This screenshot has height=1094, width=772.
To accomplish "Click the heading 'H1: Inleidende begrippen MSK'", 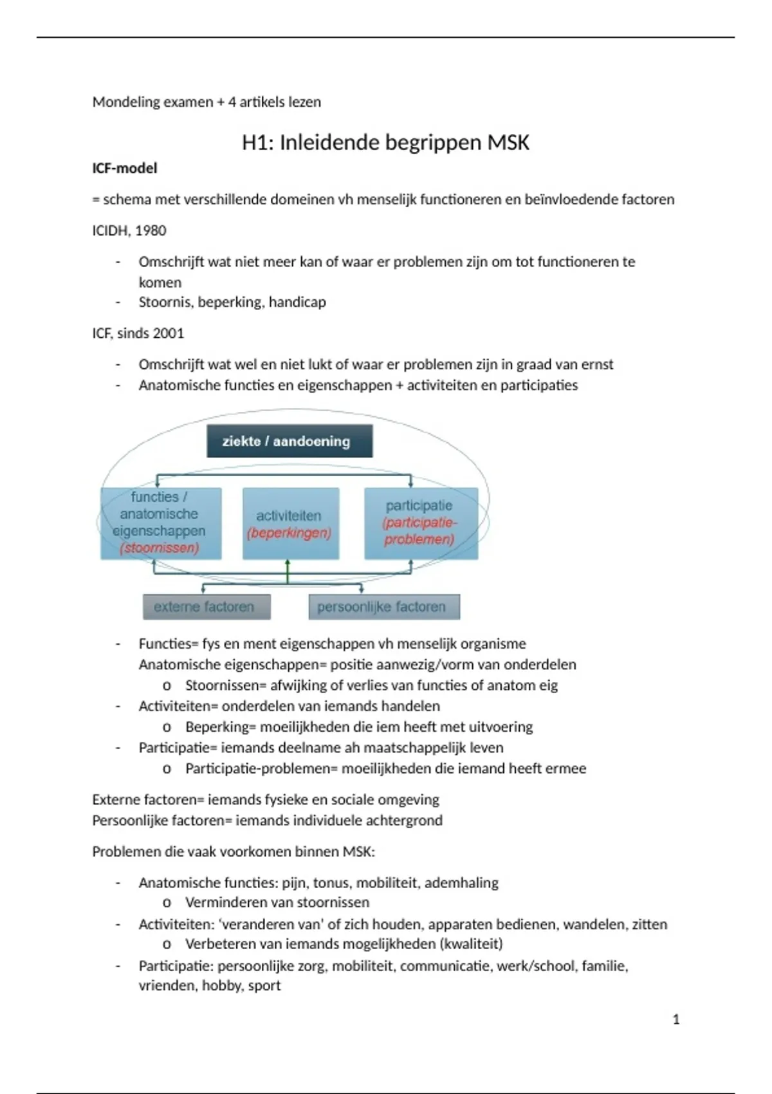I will tap(385, 142).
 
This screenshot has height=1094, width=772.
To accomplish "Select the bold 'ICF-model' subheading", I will tap(125, 169).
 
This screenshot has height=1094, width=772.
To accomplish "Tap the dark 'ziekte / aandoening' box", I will tap(289, 441).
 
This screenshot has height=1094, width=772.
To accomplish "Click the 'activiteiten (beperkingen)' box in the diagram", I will tap(290, 524).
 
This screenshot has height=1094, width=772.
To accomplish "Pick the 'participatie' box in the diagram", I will tap(421, 523).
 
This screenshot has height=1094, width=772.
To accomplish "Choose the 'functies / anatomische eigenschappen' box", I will tap(161, 523).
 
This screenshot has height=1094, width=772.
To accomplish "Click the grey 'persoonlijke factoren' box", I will tap(384, 607).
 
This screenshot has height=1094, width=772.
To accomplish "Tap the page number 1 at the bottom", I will tap(675, 1019).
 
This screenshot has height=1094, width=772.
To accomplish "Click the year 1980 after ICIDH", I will tap(151, 230).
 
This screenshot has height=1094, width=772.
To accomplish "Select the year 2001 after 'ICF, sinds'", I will tap(169, 333).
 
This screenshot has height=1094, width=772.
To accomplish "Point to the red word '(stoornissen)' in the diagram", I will tap(160, 548).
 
